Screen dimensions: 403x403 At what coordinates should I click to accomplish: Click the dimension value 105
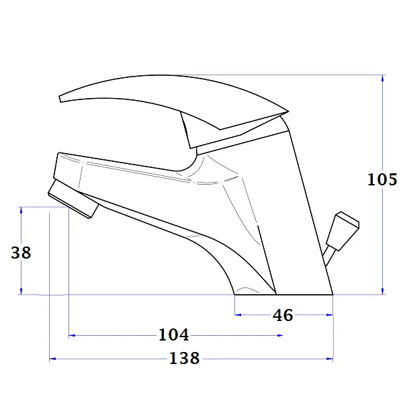(382, 179)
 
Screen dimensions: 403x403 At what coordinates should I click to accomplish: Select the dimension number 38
(21, 253)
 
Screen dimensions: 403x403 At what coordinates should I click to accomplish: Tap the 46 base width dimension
(283, 315)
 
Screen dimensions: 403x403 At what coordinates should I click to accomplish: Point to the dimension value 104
(174, 334)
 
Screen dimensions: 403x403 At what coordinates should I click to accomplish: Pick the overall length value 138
(185, 358)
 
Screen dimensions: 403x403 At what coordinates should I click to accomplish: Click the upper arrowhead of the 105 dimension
(383, 79)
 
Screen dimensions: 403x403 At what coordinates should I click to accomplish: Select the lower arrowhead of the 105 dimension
(383, 291)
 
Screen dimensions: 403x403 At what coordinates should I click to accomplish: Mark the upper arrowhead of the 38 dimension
(21, 211)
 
